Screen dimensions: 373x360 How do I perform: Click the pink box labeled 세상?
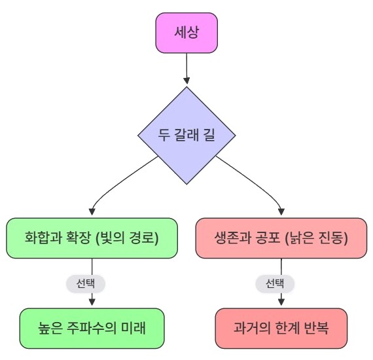pyautogui.click(x=186, y=33)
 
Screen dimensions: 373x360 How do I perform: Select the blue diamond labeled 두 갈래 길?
pyautogui.click(x=186, y=135)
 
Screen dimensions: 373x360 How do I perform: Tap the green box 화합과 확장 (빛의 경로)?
pyautogui.click(x=92, y=238)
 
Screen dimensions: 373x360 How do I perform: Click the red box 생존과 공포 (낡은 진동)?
pyautogui.click(x=281, y=238)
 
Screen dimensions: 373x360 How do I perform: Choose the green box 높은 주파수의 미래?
pyautogui.click(x=92, y=329)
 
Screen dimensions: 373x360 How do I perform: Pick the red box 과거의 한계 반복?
pyautogui.click(x=281, y=329)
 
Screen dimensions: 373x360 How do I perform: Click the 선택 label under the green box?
pyautogui.click(x=86, y=283)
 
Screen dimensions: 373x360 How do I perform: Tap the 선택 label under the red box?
pyautogui.click(x=275, y=283)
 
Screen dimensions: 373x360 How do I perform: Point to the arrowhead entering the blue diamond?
pyautogui.click(x=186, y=81)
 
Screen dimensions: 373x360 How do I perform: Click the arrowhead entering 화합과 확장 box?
pyautogui.click(x=92, y=212)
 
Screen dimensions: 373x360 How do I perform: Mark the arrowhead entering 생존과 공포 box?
pyautogui.click(x=281, y=212)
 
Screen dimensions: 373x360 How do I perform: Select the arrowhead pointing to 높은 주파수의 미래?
pyautogui.click(x=92, y=302)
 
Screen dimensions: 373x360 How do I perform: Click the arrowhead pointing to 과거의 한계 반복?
pyautogui.click(x=281, y=302)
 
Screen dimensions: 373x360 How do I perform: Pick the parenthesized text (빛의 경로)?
pyautogui.click(x=127, y=238)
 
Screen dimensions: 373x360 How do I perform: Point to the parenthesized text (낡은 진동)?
pyautogui.click(x=316, y=238)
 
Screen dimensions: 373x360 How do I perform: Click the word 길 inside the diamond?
pyautogui.click(x=209, y=135)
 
